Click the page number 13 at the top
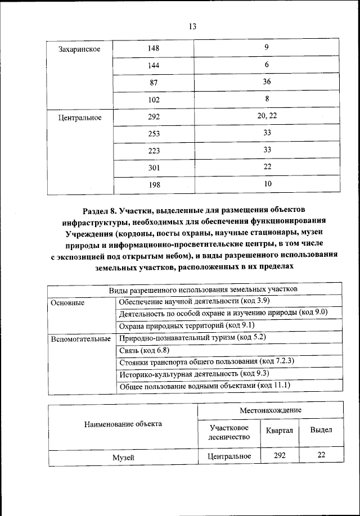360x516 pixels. tap(192, 26)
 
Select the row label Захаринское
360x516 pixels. tap(79, 49)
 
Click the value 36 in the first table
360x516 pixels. tap(267, 82)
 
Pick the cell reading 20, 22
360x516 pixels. tap(267, 116)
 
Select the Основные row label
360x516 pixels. tap(67, 302)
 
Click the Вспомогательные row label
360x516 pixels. tap(80, 339)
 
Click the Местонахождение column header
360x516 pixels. tap(271, 410)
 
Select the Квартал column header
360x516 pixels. tap(280, 430)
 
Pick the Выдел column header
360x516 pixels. tap(321, 430)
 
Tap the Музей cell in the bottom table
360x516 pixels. tap(123, 458)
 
